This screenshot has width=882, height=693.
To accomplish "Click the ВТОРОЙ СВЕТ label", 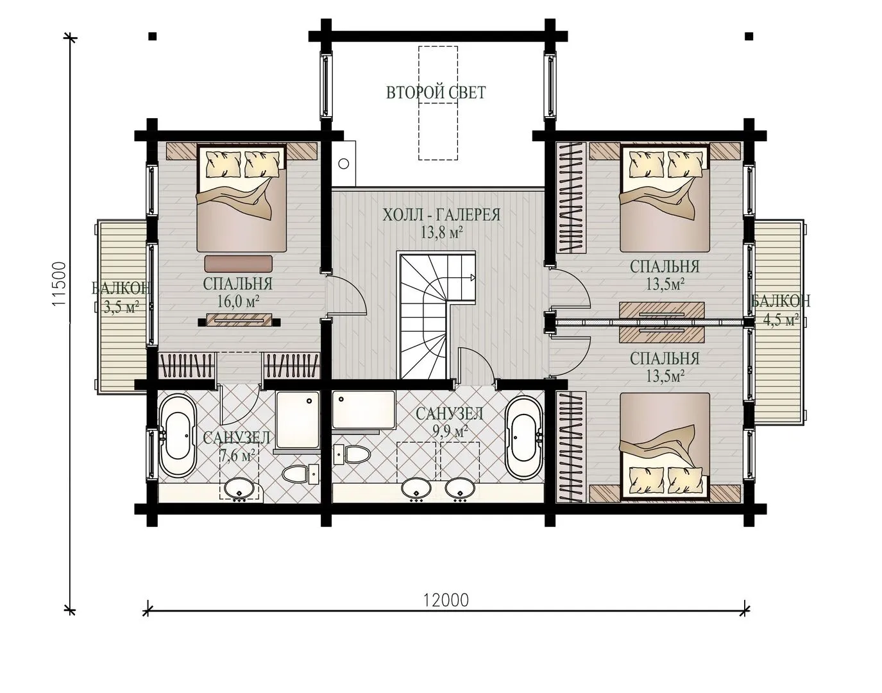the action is [436, 92].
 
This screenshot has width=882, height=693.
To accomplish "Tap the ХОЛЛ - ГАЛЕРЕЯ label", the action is [441, 215].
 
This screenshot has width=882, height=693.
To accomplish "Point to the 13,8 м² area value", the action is [441, 233].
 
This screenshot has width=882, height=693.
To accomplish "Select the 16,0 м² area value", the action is [238, 301].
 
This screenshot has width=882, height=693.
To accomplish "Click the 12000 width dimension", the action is [446, 600].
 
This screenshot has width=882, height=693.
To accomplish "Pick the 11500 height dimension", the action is [60, 284].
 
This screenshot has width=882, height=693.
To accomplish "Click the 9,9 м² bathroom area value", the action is [450, 431].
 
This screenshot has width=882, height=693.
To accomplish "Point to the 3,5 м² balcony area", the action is [121, 307].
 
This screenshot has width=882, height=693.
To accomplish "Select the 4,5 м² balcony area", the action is [781, 320].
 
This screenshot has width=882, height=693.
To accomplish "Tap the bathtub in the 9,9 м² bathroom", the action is [524, 437].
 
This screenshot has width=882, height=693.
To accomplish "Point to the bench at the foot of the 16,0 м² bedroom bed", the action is [238, 264].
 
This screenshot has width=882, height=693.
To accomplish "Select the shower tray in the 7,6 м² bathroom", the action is [298, 420].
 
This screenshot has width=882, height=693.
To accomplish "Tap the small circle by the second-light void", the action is [344, 164].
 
